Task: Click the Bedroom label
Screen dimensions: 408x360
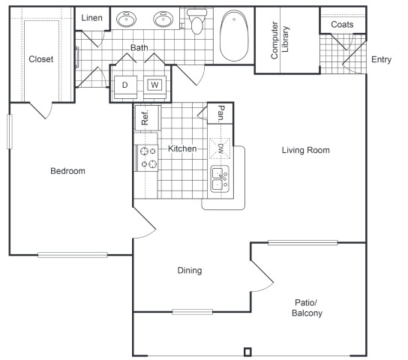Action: [x=67, y=171]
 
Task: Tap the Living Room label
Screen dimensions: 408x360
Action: [x=306, y=150]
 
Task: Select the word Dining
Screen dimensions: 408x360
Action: [x=190, y=271]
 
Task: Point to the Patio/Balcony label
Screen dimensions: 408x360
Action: [x=307, y=307]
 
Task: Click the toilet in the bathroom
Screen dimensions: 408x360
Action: [x=197, y=21]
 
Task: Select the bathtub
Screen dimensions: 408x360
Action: [x=234, y=36]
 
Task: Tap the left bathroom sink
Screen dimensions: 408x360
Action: [x=126, y=19]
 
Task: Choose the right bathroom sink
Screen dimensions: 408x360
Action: [x=163, y=19]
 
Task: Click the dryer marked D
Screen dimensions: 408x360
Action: [x=125, y=87]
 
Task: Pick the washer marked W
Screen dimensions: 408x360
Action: [x=154, y=87]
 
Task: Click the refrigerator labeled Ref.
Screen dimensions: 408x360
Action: [x=147, y=118]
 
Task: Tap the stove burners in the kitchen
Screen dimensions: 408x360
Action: [x=148, y=157]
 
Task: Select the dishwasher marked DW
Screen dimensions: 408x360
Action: [x=220, y=148]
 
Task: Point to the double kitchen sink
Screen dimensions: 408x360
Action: [x=220, y=179]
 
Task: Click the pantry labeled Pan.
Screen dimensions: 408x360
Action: [x=220, y=113]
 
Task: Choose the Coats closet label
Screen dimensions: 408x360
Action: [x=342, y=25]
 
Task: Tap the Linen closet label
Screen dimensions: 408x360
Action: [x=91, y=18]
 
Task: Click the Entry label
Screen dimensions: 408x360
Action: [x=381, y=59]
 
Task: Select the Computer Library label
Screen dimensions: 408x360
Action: [x=280, y=40]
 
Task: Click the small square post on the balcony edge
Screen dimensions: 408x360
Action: [x=247, y=352]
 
